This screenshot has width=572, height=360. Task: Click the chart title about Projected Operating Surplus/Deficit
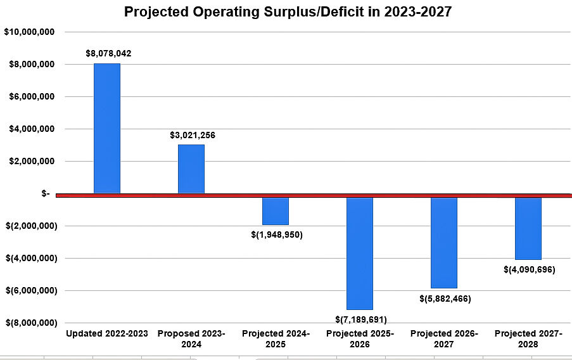coord(288,12)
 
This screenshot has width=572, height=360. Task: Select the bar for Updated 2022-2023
coord(106,128)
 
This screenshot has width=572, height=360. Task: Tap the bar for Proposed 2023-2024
coord(191,169)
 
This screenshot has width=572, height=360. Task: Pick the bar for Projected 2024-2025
coord(276,211)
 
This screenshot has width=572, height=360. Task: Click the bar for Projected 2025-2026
coord(360,253)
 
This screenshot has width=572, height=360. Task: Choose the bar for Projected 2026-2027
coord(443,243)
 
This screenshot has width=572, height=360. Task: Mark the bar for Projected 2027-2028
coord(528,228)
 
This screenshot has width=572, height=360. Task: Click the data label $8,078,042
coord(108,54)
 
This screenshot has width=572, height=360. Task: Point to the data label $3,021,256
coord(193,135)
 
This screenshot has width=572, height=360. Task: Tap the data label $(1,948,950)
coord(277,235)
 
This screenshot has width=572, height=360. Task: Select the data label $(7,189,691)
coord(361,319)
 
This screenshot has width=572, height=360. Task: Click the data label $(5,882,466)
coord(445,299)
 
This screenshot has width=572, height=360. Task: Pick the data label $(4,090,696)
coord(529,269)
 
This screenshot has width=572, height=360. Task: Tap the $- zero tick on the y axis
coord(46,194)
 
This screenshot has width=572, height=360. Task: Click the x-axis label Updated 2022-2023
coord(107,333)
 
